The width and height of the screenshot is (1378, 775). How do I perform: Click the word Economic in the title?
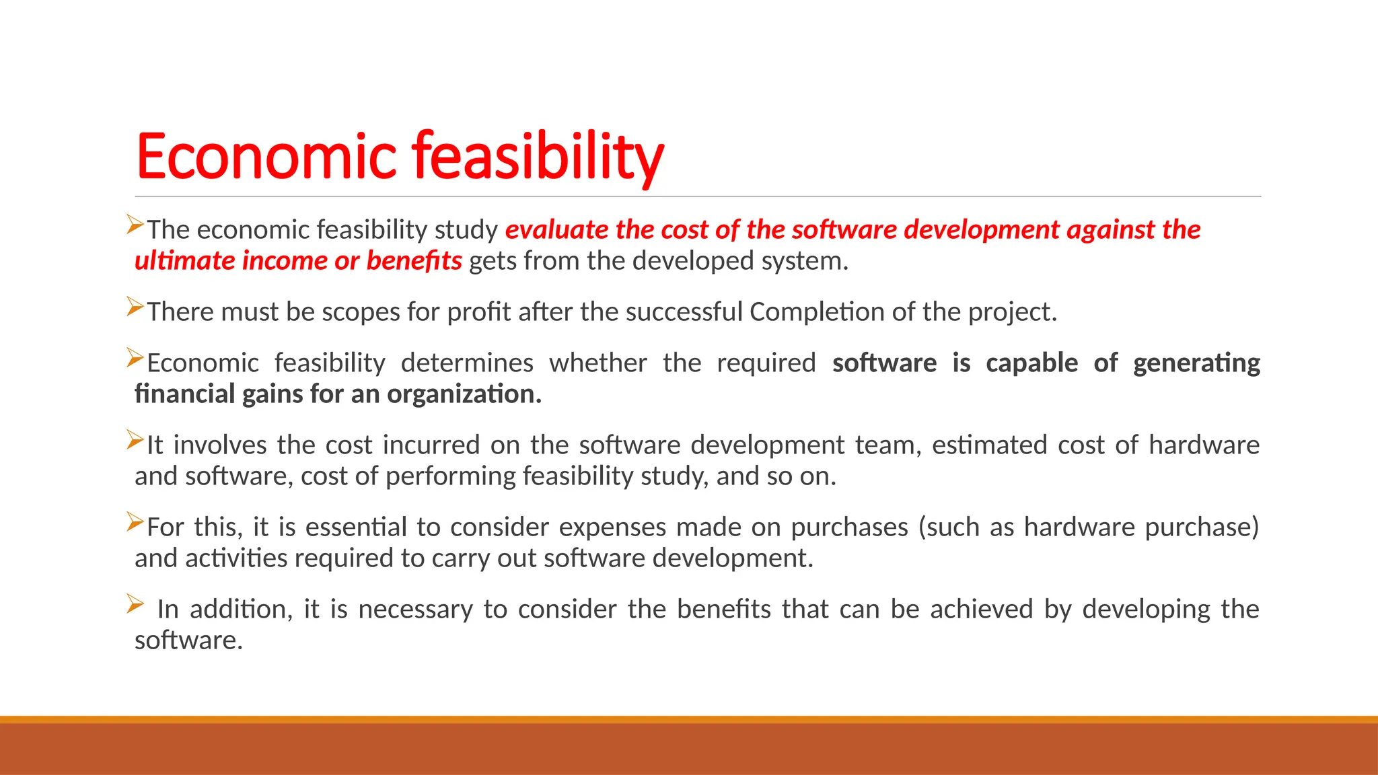coord(266,156)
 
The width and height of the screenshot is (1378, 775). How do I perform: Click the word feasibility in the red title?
coord(538,156)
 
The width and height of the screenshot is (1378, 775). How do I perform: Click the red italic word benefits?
coord(414,261)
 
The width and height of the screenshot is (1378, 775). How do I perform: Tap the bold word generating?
coord(1196,363)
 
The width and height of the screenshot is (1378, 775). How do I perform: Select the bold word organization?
coord(464,394)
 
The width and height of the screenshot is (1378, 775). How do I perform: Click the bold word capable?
coord(1031,363)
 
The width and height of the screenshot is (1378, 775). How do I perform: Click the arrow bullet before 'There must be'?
coord(135,307)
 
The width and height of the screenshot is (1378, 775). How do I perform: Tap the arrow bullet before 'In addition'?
coord(135,604)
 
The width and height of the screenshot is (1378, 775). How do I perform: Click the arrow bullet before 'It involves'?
coord(135,441)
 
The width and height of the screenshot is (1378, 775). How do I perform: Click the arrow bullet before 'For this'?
coord(135,523)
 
